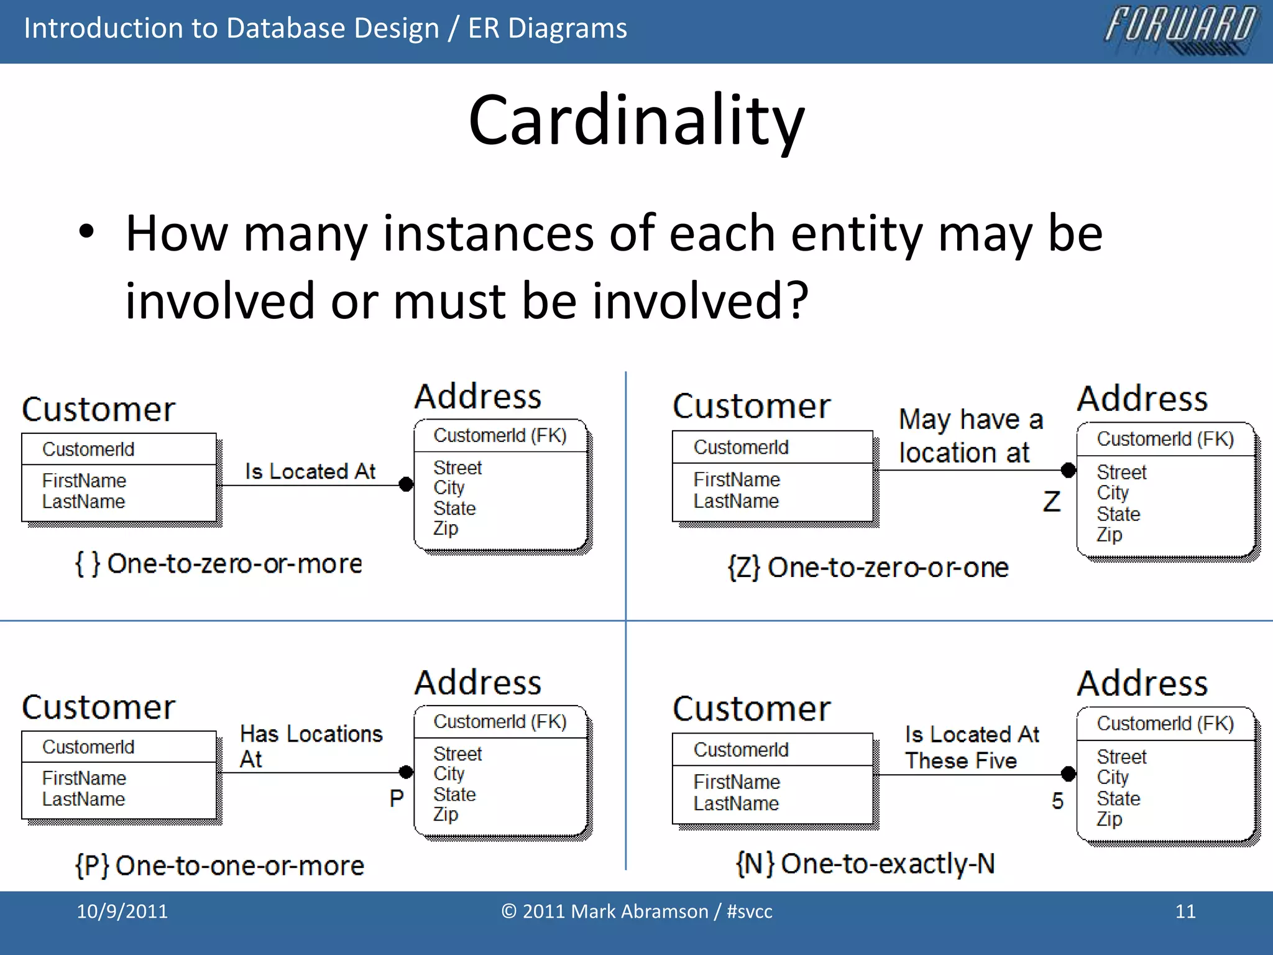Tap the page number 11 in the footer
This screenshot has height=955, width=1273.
tap(1185, 911)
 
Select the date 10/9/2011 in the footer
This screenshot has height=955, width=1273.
tap(122, 911)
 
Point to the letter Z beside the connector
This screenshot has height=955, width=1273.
tap(1051, 502)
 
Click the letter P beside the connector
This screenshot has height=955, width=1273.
tap(397, 798)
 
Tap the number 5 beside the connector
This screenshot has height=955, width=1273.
tap(1057, 801)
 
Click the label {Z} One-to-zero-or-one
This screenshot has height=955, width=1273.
tap(868, 568)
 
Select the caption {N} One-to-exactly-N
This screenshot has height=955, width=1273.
tap(865, 864)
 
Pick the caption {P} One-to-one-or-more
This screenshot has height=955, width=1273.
tap(219, 865)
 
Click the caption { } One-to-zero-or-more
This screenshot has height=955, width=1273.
tap(218, 564)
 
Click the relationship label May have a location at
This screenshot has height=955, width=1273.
tap(970, 436)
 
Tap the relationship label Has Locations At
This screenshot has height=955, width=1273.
tap(311, 746)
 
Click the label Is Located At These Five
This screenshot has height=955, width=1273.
tap(972, 747)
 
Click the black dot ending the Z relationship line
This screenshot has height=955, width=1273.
tap(1068, 470)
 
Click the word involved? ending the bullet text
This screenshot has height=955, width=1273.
tap(700, 301)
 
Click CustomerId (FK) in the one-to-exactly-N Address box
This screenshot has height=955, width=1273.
tap(1165, 724)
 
